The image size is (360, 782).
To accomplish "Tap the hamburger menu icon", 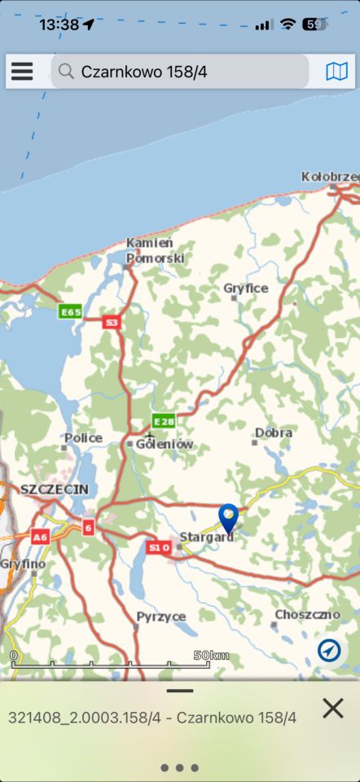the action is point(22,72).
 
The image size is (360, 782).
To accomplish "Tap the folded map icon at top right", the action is point(336,72).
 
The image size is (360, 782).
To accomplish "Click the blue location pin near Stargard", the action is point(229,517).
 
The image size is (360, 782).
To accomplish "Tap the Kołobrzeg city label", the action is point(330,177).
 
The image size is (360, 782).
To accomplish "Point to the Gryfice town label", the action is point(246,288).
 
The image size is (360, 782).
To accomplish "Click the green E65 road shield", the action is point(70,312).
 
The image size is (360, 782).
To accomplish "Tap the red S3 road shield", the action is point(112,323).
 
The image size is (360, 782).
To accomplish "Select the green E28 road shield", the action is point(163,421).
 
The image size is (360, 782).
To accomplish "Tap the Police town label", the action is point(84,438).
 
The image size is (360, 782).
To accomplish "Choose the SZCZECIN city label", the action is point(54,489).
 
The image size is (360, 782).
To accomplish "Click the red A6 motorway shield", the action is point(40,537).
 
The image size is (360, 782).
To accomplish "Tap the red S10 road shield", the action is point(159,547).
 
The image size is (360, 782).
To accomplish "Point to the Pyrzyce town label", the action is point(161,616).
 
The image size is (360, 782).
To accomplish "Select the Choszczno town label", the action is point(306,614).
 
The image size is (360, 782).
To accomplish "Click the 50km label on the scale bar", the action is point(211,655).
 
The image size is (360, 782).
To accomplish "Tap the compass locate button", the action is point(330,650).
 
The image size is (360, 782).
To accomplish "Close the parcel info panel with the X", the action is point(332,709).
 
